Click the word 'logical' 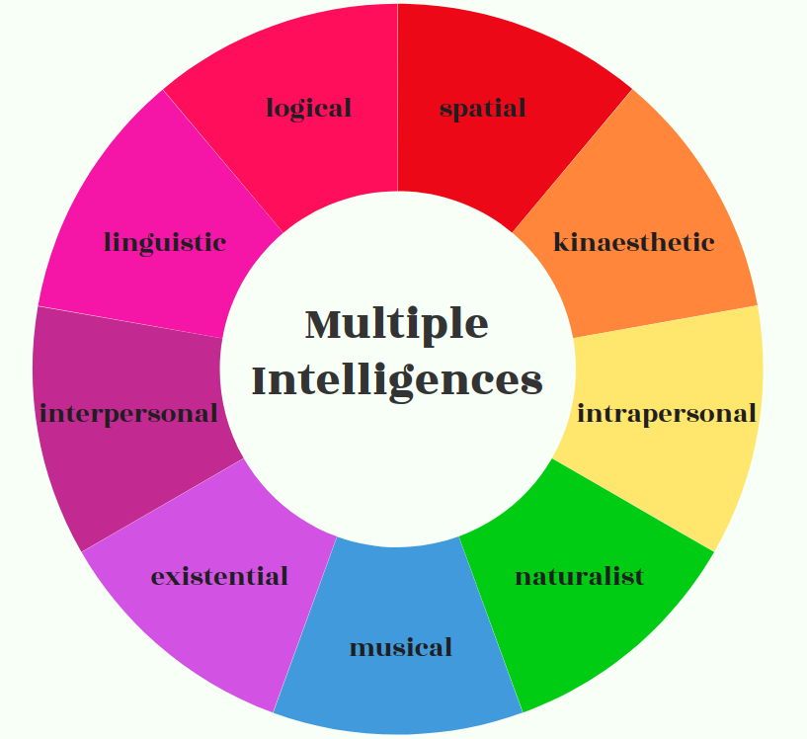coord(308,108)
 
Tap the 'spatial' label coord(482,108)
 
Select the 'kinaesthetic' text coord(633,242)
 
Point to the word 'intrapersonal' coord(667,413)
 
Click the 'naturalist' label coord(579,575)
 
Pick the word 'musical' coord(400,647)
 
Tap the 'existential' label coord(219,575)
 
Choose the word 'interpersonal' coord(128,413)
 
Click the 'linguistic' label coord(165,242)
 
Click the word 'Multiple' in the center coord(397,324)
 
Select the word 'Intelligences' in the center coord(397,379)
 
